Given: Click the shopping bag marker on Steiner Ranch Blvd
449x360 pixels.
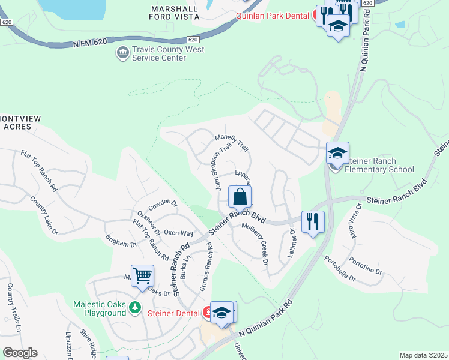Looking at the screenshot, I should click(x=240, y=197).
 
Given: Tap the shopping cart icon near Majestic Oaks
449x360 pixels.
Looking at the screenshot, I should click(x=143, y=276).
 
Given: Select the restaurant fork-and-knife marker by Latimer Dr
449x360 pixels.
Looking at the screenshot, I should click(x=312, y=221).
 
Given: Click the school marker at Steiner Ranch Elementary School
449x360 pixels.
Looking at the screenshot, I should click(x=337, y=153).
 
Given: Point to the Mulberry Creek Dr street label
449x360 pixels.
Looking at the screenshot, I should click(x=254, y=242).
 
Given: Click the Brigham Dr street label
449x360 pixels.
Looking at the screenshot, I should click(x=121, y=243).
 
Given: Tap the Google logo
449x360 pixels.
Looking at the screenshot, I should click(x=20, y=353).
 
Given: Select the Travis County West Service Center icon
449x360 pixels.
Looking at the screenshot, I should click(x=122, y=54).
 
